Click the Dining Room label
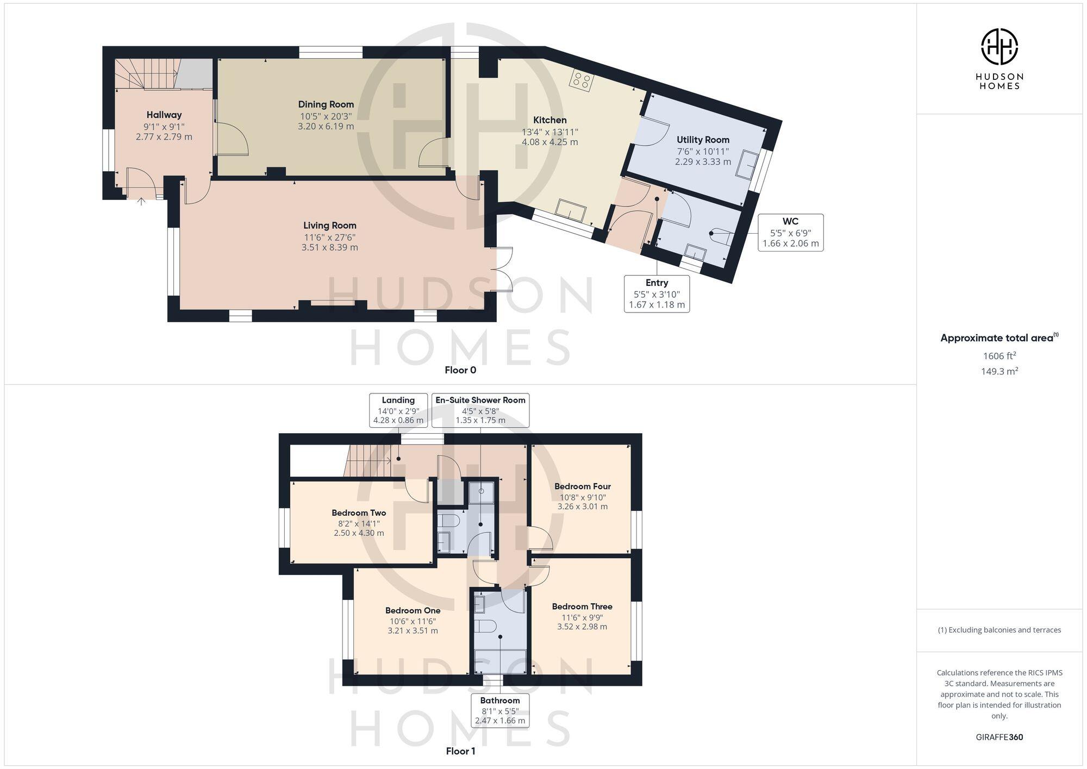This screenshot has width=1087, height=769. (326, 104)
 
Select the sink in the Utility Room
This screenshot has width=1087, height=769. (747, 165)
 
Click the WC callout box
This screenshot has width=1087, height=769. (790, 233)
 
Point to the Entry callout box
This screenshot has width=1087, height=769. (657, 293)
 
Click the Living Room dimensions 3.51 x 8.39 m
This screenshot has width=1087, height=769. (329, 247)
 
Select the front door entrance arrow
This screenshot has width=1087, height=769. (141, 202)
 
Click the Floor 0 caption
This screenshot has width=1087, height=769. (460, 370)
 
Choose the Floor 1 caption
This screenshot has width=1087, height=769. (460, 751)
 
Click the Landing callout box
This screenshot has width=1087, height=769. (398, 410)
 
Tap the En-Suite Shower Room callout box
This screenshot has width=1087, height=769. (480, 410)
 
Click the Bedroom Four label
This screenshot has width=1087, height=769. (582, 486)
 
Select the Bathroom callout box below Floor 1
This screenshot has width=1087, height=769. (500, 711)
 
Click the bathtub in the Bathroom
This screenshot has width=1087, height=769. (500, 661)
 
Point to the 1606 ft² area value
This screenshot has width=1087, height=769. (999, 356)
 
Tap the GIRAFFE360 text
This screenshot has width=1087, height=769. (999, 737)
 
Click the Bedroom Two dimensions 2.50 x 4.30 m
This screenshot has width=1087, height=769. (359, 533)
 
